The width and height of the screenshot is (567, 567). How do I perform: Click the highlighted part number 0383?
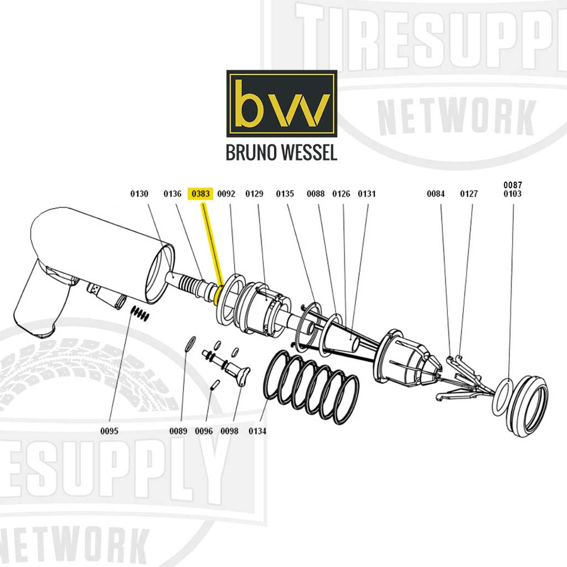pyautogui.click(x=200, y=194)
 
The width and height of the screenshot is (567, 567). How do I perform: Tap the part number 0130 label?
pyautogui.click(x=140, y=194)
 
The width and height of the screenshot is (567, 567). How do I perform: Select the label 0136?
pyautogui.click(x=173, y=194)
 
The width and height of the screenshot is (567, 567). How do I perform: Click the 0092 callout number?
pyautogui.click(x=226, y=194)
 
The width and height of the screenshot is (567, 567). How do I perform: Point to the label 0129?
pyautogui.click(x=254, y=194)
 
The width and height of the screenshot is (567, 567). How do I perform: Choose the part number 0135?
pyautogui.click(x=285, y=194)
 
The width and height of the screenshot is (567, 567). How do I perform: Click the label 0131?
pyautogui.click(x=367, y=194)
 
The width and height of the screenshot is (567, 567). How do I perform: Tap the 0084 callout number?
pyautogui.click(x=436, y=194)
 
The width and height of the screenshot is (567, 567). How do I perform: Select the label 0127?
pyautogui.click(x=469, y=194)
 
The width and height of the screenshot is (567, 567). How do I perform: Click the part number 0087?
pyautogui.click(x=512, y=185)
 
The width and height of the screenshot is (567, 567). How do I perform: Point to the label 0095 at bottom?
pyautogui.click(x=109, y=431)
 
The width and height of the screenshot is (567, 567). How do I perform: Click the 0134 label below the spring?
pyautogui.click(x=257, y=431)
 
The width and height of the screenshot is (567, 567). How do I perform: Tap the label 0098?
pyautogui.click(x=229, y=431)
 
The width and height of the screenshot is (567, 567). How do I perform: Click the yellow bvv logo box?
pyautogui.click(x=281, y=104)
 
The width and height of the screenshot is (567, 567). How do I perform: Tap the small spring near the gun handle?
pyautogui.click(x=140, y=313)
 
